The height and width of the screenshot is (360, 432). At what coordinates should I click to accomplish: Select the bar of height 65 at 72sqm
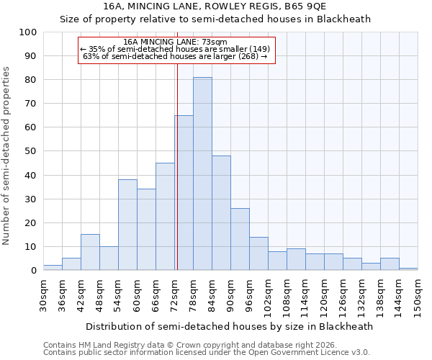[184, 193]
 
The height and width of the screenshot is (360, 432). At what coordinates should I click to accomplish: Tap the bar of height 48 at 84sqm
[221, 213]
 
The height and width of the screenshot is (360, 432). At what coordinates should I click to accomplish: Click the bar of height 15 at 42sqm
[90, 252]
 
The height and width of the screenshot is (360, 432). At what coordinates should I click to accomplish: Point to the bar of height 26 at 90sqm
[240, 239]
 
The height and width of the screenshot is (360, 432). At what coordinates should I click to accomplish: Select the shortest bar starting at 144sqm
[408, 269]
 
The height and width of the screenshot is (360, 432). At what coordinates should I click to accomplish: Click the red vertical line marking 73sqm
[177, 166]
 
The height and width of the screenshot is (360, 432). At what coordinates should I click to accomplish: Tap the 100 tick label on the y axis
[27, 32]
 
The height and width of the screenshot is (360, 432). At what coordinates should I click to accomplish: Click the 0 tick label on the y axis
[33, 271]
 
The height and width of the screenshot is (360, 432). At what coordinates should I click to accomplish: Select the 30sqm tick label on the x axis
[43, 295]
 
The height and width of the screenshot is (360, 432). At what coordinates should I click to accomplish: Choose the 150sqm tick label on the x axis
[418, 297]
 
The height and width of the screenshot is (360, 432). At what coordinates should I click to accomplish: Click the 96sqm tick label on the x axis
[249, 295]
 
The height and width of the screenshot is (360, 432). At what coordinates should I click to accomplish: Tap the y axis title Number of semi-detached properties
[7, 156]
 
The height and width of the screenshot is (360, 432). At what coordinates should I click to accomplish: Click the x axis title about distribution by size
[229, 326]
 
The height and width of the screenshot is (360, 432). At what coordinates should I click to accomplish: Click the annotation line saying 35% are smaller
[176, 49]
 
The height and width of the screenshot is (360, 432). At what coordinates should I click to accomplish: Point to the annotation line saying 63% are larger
[176, 56]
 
